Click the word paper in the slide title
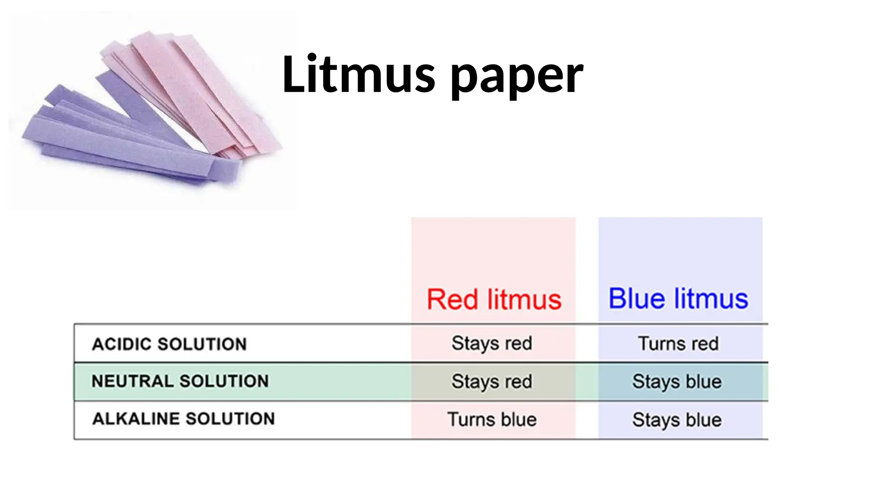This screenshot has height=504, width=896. coord(516,77)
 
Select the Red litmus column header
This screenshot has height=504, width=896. coord(494,300)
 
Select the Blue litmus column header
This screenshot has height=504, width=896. coord(678,299)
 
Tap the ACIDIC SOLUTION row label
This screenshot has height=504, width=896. coord(169,344)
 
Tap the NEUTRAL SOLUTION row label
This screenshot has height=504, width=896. coord(180,381)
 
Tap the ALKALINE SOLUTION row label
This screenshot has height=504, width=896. coord(183,419)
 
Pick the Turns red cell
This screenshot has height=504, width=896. coord(678,344)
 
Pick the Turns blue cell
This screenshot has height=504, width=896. coord(492,420)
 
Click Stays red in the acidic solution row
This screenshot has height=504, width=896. coord(492,344)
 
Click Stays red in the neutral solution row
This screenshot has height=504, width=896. coord(492,381)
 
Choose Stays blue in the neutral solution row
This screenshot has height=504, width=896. coord(677,381)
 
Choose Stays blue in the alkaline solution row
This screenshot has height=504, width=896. coord(677,420)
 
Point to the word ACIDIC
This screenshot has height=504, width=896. coord(122,344)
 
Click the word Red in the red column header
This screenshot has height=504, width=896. coord(452,300)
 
